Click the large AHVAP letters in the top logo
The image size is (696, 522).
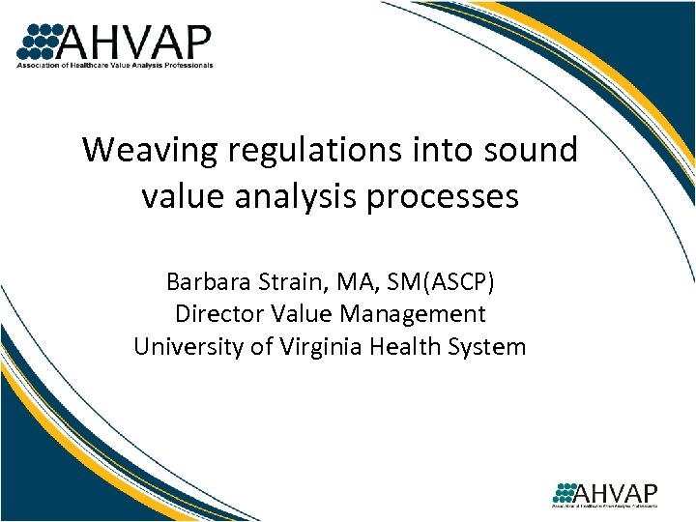[x=135, y=41]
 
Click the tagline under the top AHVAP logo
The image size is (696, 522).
[x=114, y=66]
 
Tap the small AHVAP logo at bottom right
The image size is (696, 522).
[x=605, y=492]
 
